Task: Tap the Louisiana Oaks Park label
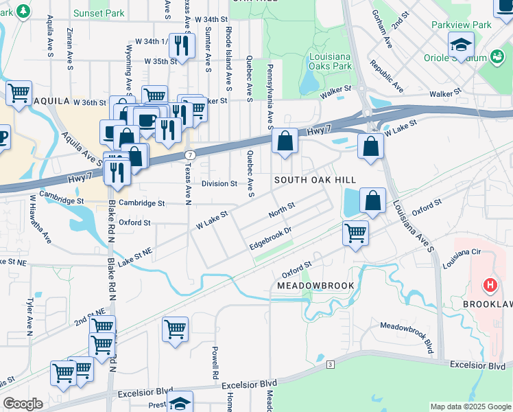(330, 61)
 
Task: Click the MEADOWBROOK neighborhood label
(315, 285)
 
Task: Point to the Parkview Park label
(462, 25)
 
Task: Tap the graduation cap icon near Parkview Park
(461, 45)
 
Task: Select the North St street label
(282, 210)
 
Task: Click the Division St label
(219, 183)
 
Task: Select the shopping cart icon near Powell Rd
(175, 328)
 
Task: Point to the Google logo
(23, 404)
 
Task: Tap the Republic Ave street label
(386, 76)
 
